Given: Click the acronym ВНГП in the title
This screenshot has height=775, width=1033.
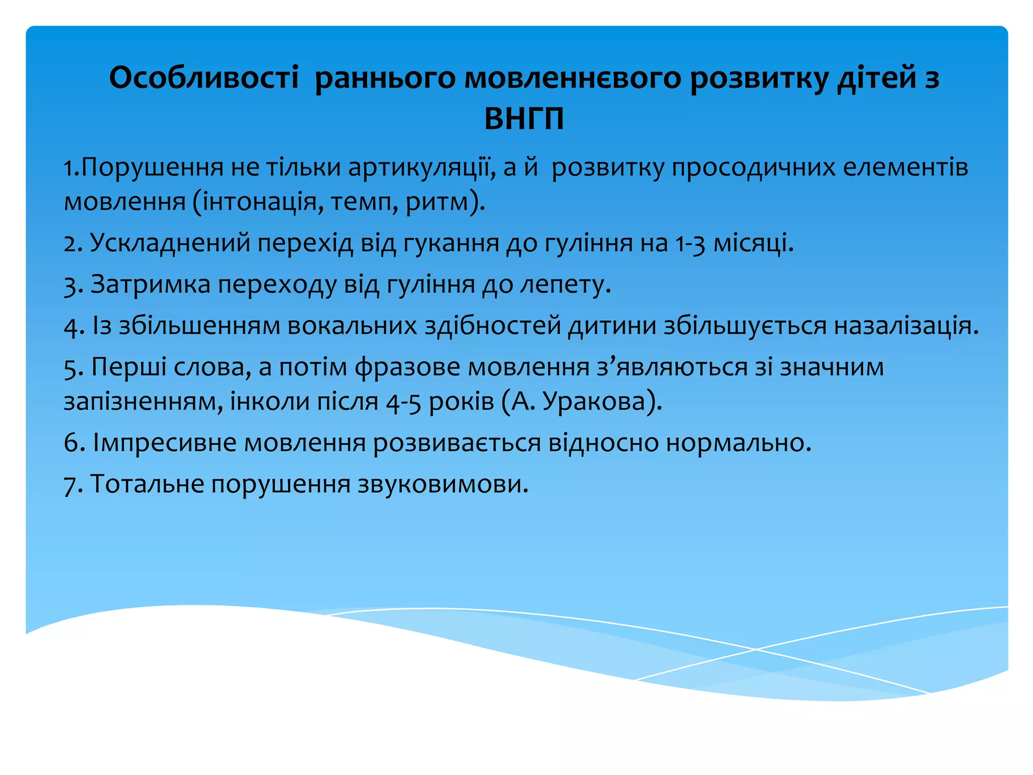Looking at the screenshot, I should pos(524,119).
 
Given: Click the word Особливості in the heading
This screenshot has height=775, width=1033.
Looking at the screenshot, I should pos(204,79).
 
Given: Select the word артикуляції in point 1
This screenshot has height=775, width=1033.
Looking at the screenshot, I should pos(420,168).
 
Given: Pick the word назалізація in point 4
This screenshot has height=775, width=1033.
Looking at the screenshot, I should pos(905,326).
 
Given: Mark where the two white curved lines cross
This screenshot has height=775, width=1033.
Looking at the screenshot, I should pos(755,649).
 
